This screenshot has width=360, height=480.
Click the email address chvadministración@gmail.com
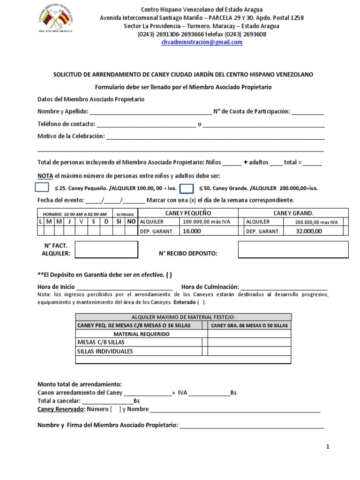point(202,42)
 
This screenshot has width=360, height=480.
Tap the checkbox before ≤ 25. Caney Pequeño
point(42,188)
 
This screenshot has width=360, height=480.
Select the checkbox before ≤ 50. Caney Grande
point(187,188)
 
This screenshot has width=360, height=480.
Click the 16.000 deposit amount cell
point(192,231)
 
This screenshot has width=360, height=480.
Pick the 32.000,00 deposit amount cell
point(309,231)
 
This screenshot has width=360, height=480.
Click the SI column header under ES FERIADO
point(119,222)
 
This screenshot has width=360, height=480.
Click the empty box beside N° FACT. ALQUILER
point(106,250)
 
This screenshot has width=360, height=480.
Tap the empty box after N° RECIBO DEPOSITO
point(293,250)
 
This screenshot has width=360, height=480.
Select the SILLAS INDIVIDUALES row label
point(105,351)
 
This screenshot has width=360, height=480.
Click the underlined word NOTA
point(45,176)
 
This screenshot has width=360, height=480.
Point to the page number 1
point(328,447)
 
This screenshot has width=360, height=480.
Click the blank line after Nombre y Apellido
point(150,112)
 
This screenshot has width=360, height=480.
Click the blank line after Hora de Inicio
point(124,287)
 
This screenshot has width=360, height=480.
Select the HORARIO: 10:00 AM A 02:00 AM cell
point(75,214)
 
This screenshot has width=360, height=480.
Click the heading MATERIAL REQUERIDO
point(139,334)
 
